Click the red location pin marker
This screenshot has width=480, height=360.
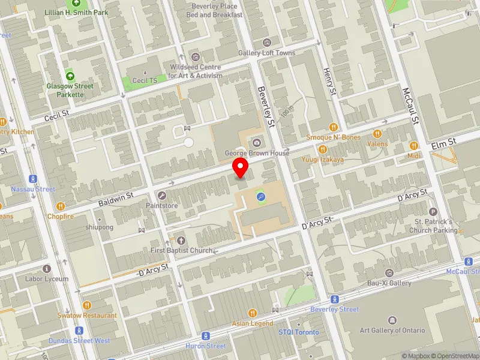241,167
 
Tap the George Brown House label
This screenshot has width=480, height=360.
257,153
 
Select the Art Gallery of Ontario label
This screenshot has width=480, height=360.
392,330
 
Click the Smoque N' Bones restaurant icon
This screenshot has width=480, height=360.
334,127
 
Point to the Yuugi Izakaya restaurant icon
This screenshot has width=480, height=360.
322,149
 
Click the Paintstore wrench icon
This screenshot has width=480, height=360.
162,195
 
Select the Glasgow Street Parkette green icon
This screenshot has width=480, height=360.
70,76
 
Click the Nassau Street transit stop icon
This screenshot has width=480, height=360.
33,178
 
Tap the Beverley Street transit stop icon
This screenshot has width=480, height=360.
334,299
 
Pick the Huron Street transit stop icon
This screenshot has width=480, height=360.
206,335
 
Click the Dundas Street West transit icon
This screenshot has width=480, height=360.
79,331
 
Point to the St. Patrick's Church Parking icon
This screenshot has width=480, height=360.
434,211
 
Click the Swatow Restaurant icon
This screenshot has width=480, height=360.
86,305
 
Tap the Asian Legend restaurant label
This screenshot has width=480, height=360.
252,324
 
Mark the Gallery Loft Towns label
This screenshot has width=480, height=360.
267,53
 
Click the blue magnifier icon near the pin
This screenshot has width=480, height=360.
260,196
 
